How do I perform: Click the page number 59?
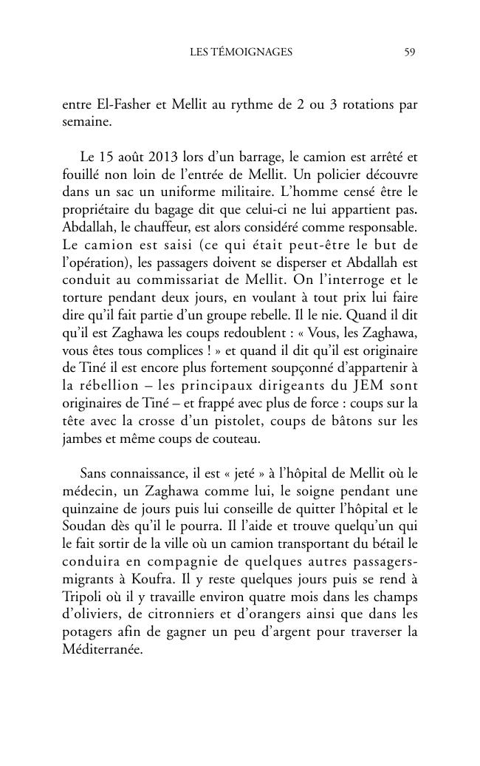click(411, 52)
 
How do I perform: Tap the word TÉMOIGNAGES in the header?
click(250, 52)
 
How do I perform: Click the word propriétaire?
click(97, 211)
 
